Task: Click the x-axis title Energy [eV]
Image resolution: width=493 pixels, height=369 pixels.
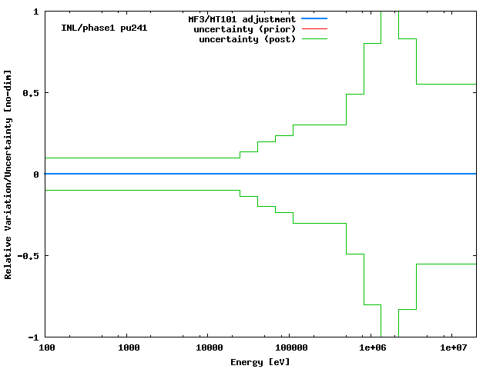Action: [x=260, y=361]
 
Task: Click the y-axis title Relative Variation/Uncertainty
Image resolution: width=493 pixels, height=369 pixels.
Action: [x=8, y=175]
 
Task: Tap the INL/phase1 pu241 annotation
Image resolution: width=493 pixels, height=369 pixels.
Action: [x=104, y=28]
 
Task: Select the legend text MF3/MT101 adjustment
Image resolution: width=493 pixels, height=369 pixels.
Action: [x=242, y=18]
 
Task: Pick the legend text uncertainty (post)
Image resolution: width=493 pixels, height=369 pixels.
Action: [x=247, y=38]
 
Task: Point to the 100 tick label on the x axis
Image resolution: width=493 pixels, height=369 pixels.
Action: [x=46, y=348]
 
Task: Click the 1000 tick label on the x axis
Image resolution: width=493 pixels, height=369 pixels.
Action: [x=129, y=348]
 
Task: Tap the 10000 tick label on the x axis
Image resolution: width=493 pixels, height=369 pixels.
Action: [x=206, y=348]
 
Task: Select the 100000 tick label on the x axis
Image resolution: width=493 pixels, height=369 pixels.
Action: [x=288, y=348]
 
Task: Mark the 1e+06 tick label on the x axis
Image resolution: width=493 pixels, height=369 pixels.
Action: [x=371, y=348]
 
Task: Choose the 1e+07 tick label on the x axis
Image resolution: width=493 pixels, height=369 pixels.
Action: [x=454, y=348]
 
